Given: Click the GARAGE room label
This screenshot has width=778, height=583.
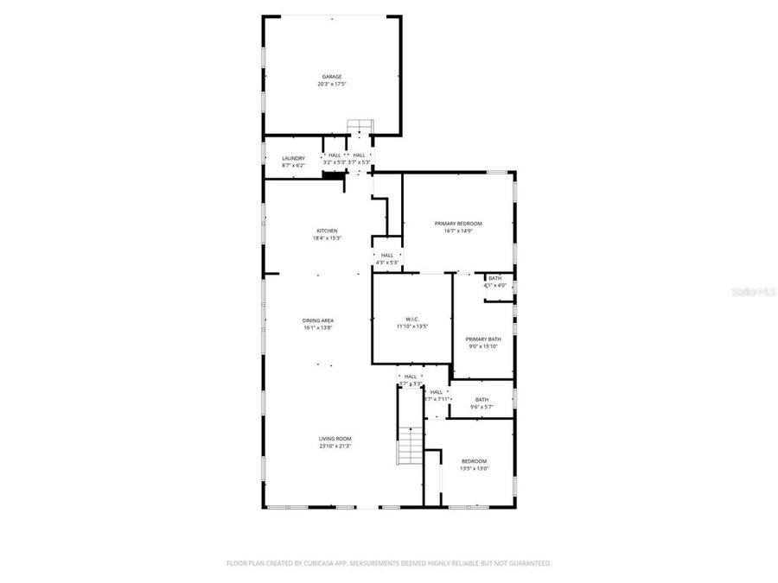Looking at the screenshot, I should (x=332, y=77).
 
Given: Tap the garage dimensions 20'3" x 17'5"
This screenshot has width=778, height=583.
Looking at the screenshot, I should (x=332, y=85).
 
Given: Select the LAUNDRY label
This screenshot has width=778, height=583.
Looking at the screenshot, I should (x=293, y=158).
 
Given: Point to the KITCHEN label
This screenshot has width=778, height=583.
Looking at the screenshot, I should (x=327, y=231).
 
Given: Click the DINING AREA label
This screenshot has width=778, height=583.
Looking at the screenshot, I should (x=318, y=320).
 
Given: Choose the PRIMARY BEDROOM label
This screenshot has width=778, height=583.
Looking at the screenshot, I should (x=457, y=224).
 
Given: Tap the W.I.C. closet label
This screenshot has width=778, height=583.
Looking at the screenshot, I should (x=412, y=320).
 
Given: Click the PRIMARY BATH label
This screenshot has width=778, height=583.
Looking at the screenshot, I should (x=483, y=339).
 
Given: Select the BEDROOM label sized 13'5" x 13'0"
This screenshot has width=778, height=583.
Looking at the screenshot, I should (x=474, y=461).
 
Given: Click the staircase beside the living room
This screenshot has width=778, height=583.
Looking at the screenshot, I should (x=411, y=447).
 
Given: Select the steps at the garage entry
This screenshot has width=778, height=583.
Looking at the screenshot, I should (x=359, y=127).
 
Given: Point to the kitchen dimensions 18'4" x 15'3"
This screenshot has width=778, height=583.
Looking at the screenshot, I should (x=327, y=238).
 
